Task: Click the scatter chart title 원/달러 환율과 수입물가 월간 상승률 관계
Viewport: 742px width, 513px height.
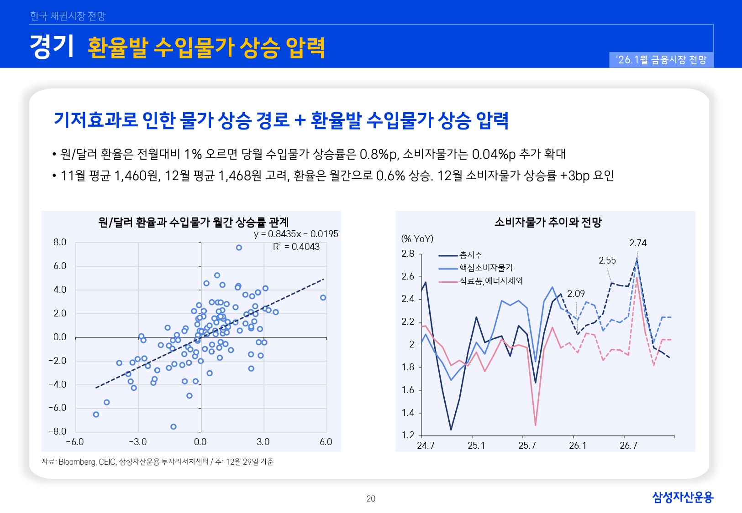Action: click(193, 223)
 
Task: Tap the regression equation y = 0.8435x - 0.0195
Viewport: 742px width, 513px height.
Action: click(296, 234)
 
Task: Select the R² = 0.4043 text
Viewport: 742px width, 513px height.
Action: click(296, 247)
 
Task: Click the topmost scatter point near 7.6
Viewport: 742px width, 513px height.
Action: click(239, 248)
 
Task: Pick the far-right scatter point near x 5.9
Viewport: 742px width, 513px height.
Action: click(323, 298)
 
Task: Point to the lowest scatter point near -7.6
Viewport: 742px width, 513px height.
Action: click(174, 427)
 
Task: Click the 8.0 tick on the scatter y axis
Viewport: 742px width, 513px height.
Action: click(60, 242)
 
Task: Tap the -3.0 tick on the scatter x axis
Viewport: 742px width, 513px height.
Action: click(137, 442)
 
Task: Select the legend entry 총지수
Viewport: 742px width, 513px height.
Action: click(470, 255)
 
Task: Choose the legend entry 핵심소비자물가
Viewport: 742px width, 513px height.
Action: click(486, 268)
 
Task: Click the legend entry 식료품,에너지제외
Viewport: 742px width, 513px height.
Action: click(490, 281)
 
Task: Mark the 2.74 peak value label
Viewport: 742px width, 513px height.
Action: click(637, 243)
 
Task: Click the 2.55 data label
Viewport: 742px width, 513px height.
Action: click(607, 260)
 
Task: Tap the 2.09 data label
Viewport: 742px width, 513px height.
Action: click(576, 294)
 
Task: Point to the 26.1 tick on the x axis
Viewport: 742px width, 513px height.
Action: click(577, 446)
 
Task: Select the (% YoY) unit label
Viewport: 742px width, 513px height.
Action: click(417, 238)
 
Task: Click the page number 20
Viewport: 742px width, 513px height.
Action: click(371, 499)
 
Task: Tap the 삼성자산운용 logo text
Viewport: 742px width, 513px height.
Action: click(682, 497)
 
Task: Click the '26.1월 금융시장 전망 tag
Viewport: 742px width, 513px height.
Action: click(661, 60)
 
